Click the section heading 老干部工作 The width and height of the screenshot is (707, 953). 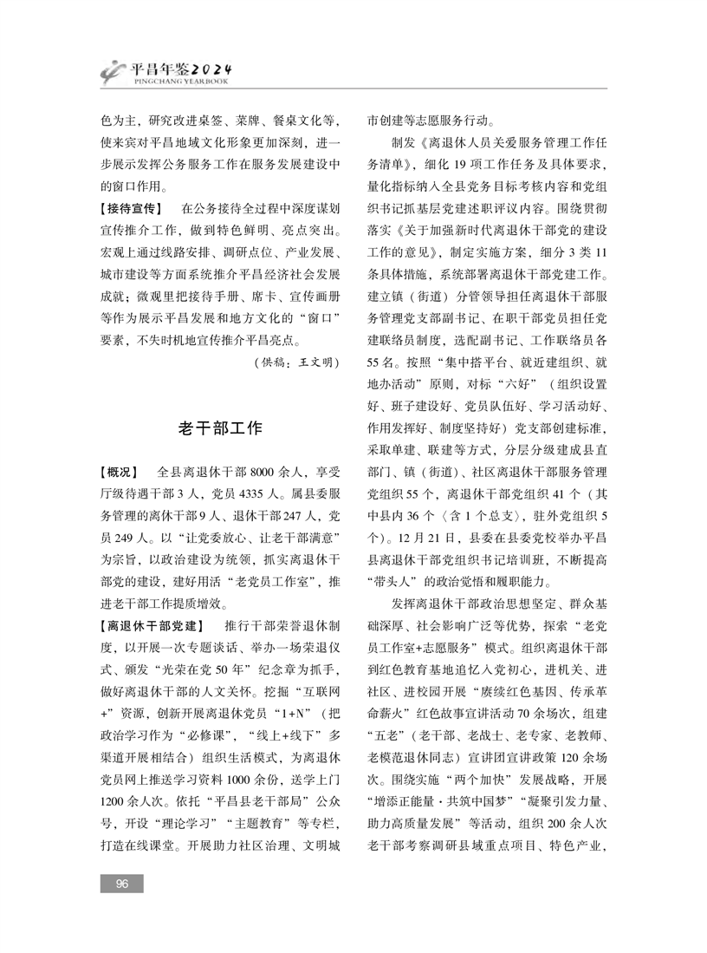coord(219,428)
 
